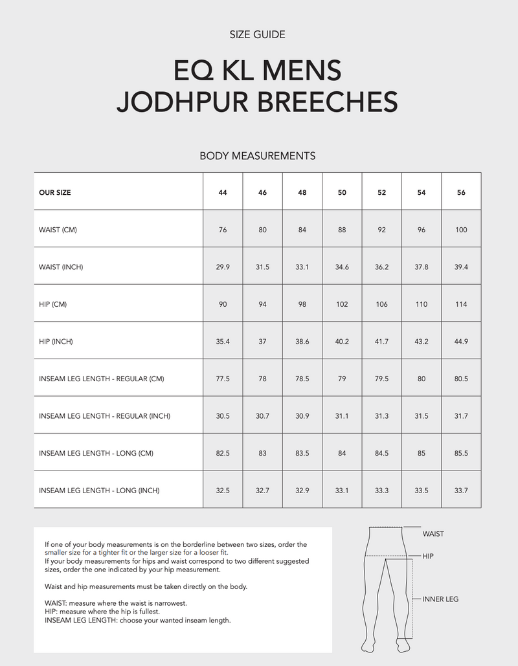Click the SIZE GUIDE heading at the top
coord(257,34)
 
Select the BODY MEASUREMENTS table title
coord(257,155)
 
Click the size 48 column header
coord(302,192)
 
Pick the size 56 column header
coord(461,192)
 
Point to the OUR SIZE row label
coord(55,192)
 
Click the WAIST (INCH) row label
coord(61,267)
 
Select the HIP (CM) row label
coord(53,304)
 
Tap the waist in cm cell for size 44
coord(223,230)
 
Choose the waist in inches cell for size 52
coord(381,267)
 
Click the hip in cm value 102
coord(342,304)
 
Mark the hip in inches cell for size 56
coord(461,342)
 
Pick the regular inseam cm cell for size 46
coord(262,379)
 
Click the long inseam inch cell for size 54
coord(422,491)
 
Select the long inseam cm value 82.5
coord(223,453)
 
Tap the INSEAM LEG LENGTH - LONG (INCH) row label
coord(99,491)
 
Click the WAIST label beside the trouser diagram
coord(433,534)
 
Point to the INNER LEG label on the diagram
coord(440,599)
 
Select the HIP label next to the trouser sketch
coord(428,556)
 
